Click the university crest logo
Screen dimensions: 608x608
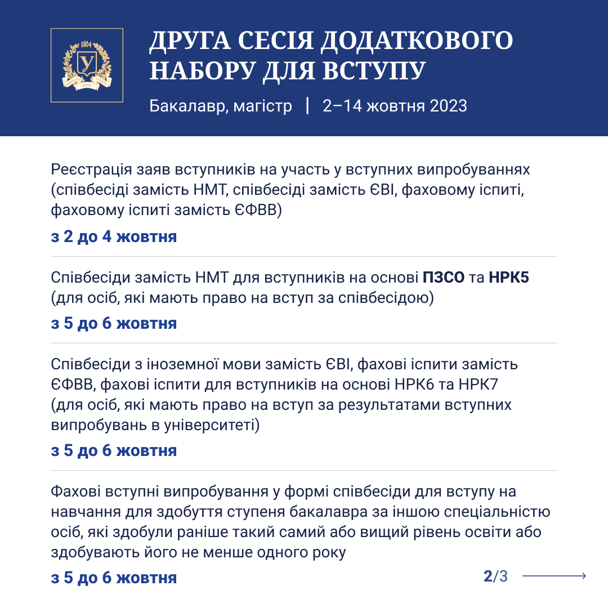(87, 65)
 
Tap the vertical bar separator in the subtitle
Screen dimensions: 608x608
(307, 106)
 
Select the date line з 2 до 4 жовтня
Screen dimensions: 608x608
(114, 236)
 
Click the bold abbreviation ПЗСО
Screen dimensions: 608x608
(444, 278)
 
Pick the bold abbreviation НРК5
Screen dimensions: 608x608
(509, 278)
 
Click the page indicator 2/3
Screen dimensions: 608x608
(495, 576)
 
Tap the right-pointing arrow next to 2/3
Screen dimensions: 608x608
(555, 576)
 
